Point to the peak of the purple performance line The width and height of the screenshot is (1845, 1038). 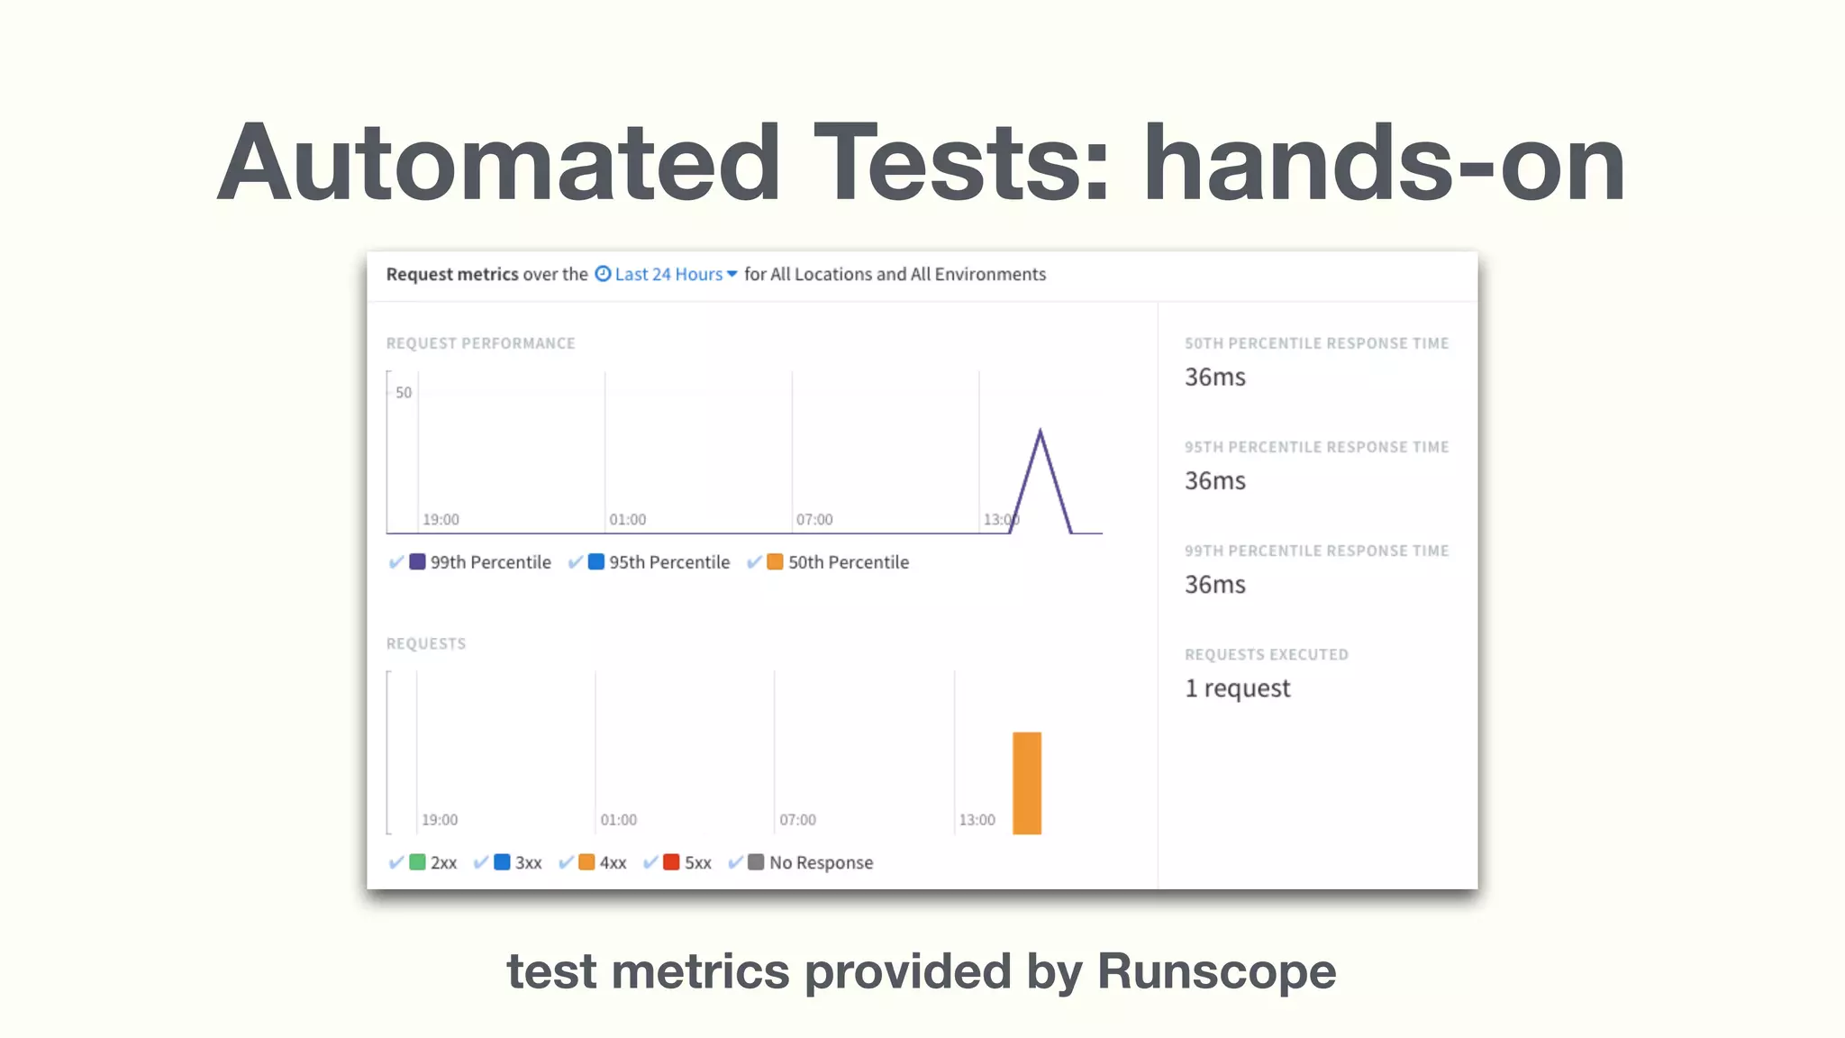coord(1041,432)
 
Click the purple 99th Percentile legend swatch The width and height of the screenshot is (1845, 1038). coord(417,561)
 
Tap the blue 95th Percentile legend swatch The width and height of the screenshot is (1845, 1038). coord(595,561)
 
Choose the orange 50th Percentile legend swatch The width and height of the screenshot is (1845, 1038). coord(775,561)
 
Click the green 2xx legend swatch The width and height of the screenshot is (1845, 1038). coord(417,862)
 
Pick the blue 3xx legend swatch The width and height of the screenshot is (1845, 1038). coord(502,862)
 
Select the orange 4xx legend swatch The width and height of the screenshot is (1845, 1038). coord(586,862)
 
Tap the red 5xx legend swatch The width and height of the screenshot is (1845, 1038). coord(671,862)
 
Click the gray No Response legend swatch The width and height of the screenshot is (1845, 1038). coord(756,862)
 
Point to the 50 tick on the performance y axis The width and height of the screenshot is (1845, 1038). coord(404,393)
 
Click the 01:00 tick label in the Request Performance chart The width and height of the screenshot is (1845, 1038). coord(627,520)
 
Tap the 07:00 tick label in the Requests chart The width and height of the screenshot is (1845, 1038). coord(797,820)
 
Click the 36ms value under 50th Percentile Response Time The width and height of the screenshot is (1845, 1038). coord(1214,377)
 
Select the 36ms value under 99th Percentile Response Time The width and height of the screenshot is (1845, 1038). coord(1214,584)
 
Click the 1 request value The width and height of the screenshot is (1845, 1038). coord(1237,688)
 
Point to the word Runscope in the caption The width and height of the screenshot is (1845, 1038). coord(1216,971)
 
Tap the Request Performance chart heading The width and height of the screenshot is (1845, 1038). coord(480,343)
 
